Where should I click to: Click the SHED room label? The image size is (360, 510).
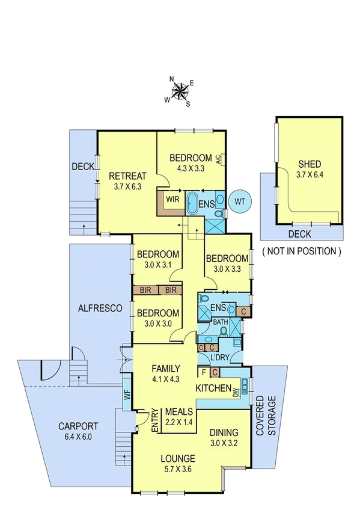coord(310,164)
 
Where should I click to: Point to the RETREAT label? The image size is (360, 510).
coord(127,176)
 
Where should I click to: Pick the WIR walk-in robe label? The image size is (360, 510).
coord(173,200)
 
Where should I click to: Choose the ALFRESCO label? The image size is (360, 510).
coord(100,308)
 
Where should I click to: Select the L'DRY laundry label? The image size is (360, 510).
coord(219,359)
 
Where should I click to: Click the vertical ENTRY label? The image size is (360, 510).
coord(155,419)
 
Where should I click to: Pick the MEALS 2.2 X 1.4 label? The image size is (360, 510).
coord(178,416)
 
